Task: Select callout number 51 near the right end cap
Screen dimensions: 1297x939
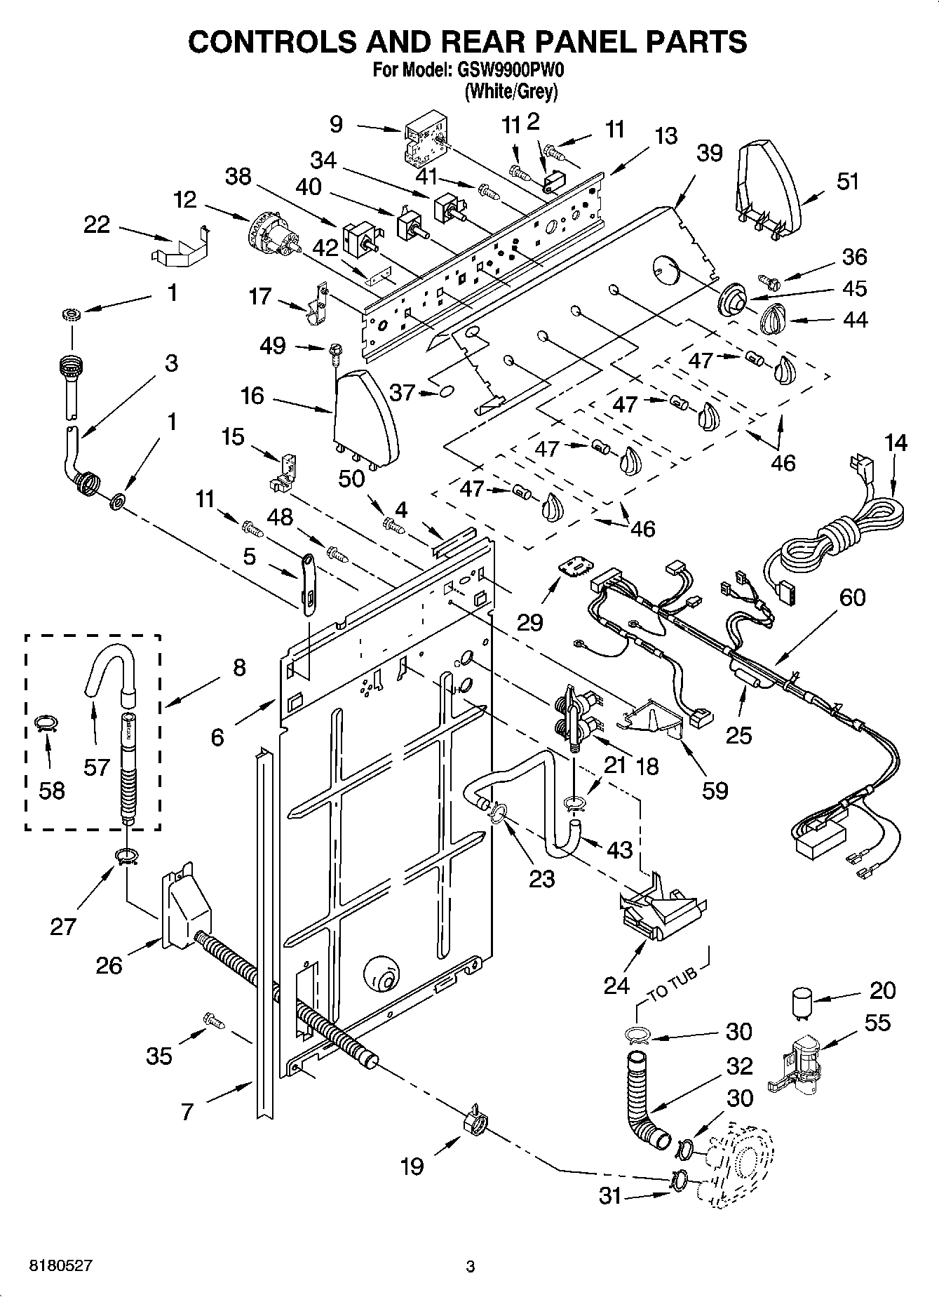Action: (847, 182)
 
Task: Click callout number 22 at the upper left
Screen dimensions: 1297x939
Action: (97, 224)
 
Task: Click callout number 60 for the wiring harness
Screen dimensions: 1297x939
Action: (852, 598)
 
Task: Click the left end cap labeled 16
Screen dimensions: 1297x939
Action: (366, 417)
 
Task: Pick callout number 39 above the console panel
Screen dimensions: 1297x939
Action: (709, 152)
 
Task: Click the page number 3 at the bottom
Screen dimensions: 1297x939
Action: (471, 1267)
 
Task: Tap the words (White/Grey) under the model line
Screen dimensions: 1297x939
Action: (511, 90)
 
